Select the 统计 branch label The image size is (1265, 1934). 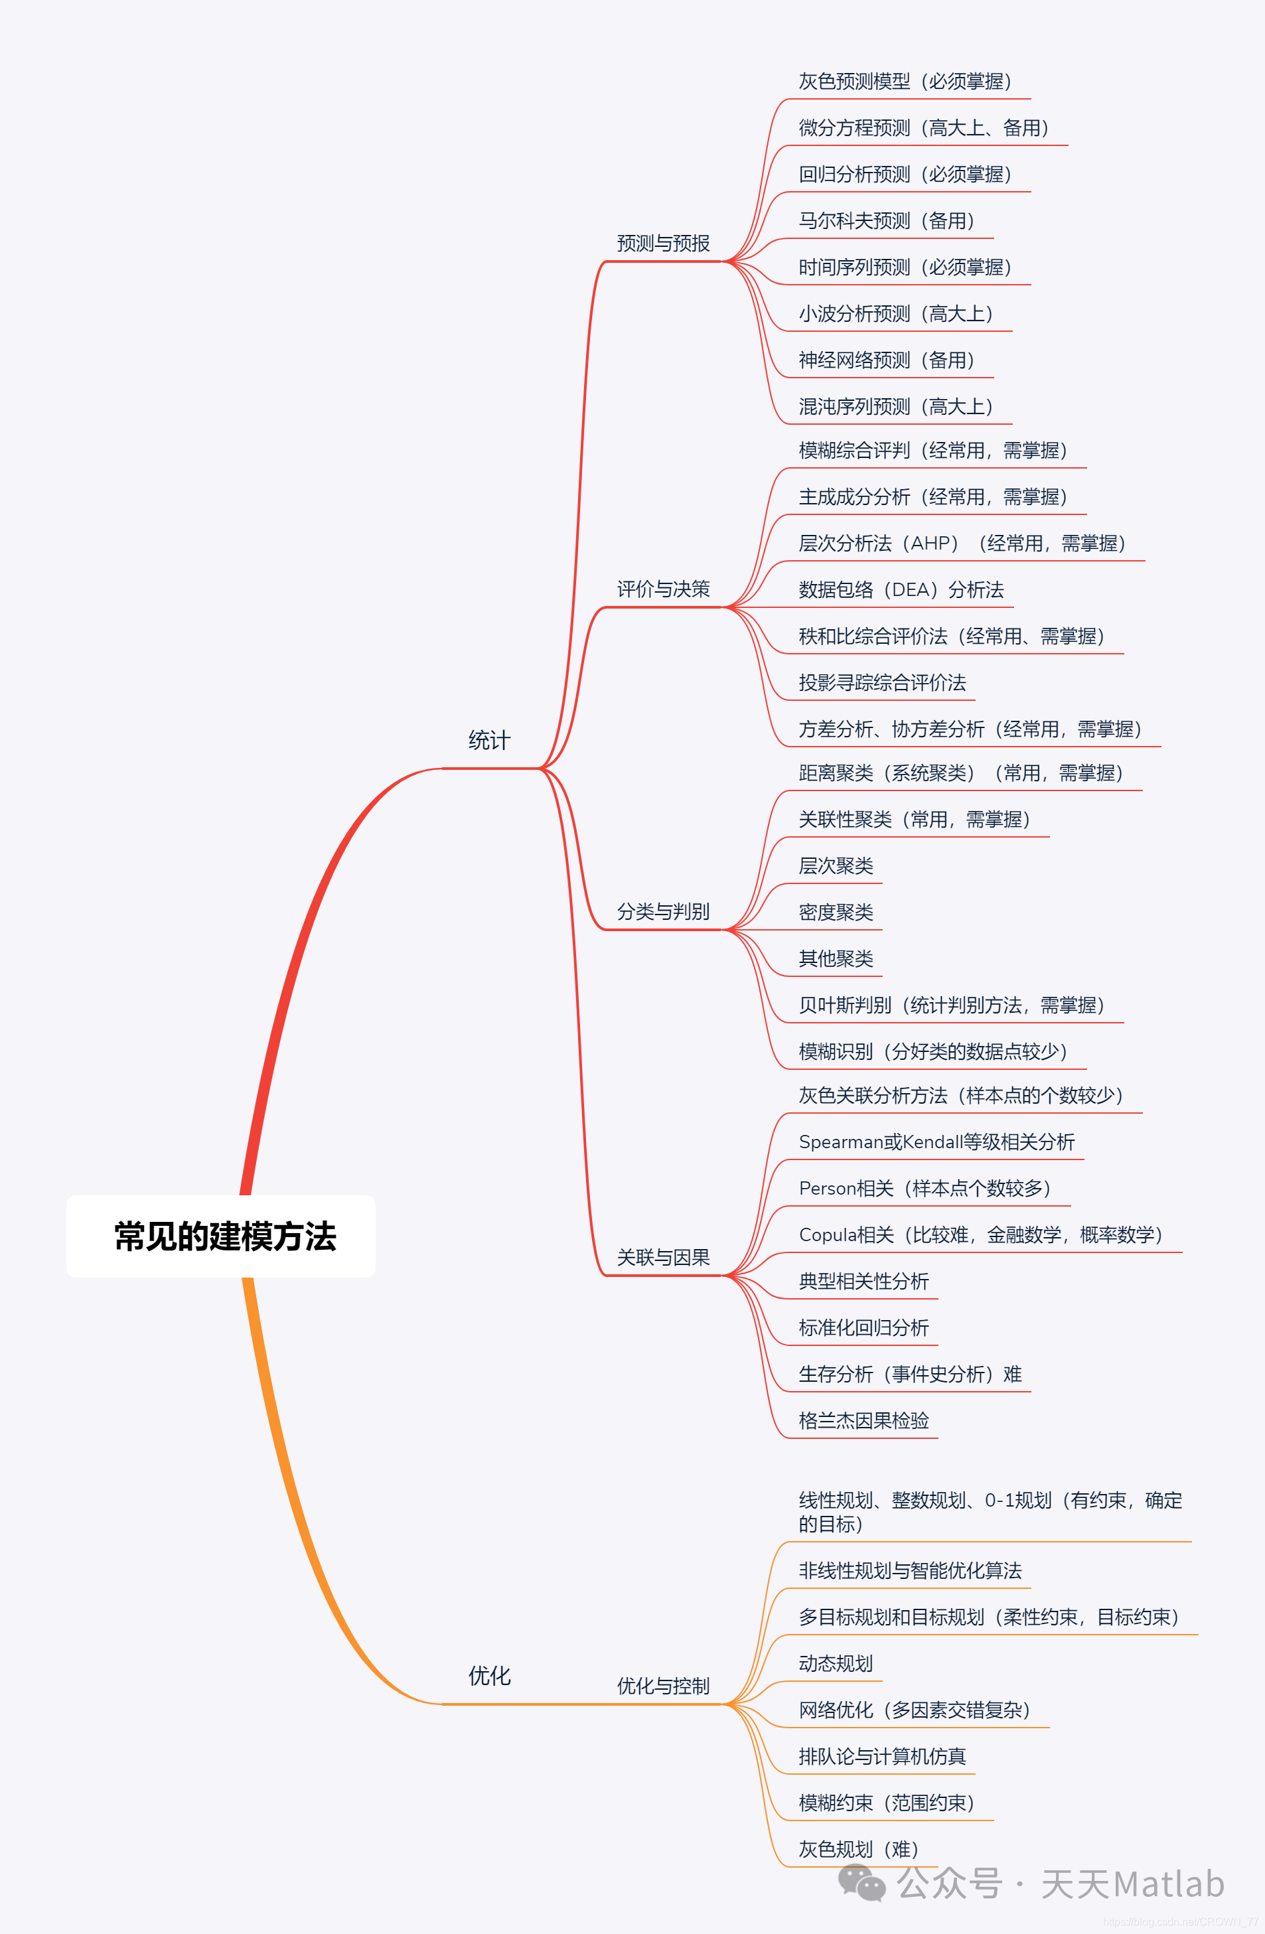coord(489,740)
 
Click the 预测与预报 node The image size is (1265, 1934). coord(663,243)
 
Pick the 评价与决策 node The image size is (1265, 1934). coord(663,589)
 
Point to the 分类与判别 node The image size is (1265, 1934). coord(663,912)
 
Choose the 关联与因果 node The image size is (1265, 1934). coord(663,1258)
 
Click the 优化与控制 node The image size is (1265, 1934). coord(663,1686)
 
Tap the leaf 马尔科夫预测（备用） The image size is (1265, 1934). coord(887,221)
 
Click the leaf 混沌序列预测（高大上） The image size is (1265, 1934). coord(895,406)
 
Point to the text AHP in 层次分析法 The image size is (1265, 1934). coord(934,544)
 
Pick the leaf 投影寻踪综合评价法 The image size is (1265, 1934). coord(882,682)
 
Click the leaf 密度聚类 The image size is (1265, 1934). coord(836,913)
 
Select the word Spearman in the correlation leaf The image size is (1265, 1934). coord(840,1142)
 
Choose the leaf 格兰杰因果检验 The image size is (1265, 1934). coord(863,1420)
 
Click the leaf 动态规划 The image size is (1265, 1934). coord(836,1663)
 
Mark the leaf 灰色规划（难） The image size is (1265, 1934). coord(859,1850)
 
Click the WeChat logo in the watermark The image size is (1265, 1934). coord(861,1882)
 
